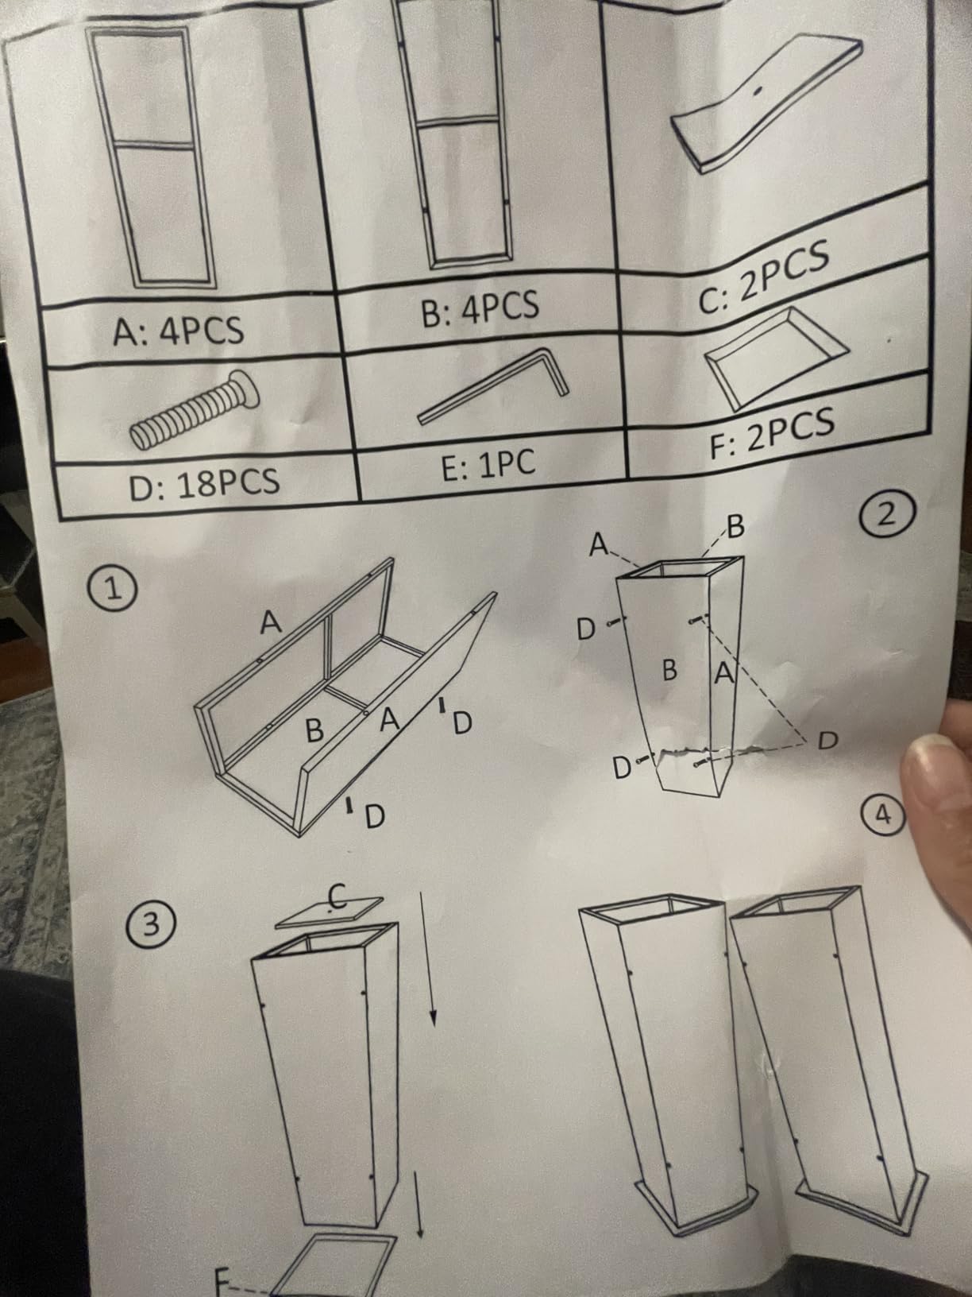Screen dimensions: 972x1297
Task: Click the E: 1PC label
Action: click(488, 464)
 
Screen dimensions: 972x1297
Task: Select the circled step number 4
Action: click(883, 815)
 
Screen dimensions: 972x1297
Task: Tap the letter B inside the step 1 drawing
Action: click(315, 730)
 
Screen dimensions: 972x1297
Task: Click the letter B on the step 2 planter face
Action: click(669, 670)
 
